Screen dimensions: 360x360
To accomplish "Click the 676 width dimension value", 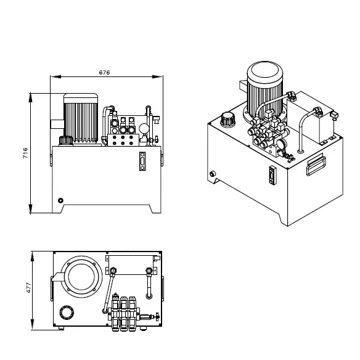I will click(x=104, y=72).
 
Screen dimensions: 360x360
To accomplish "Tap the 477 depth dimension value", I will click(x=27, y=288).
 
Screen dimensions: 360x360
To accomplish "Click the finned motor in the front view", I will click(x=82, y=118).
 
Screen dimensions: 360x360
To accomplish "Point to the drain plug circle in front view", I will click(x=60, y=200).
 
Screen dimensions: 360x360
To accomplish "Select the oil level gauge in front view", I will click(x=143, y=161).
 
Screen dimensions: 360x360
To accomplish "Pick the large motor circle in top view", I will click(x=81, y=276).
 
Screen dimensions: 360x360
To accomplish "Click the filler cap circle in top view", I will click(x=66, y=313).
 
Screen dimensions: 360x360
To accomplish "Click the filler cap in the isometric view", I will click(x=227, y=117).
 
